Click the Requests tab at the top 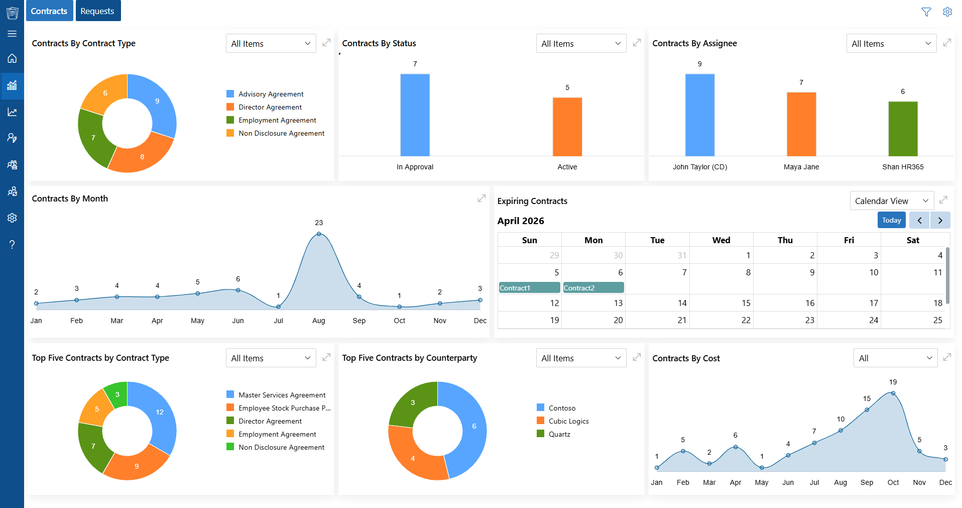[x=98, y=11]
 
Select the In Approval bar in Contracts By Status [x=415, y=115]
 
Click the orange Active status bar [x=567, y=127]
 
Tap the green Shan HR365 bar [x=903, y=129]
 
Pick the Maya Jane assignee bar [x=801, y=124]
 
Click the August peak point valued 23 [x=319, y=234]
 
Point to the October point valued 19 [x=893, y=393]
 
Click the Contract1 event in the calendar [x=529, y=287]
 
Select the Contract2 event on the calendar [x=593, y=287]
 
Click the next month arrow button [x=940, y=220]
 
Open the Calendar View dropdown [x=892, y=201]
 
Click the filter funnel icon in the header [x=926, y=12]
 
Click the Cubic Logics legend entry [x=563, y=421]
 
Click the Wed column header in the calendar [x=721, y=240]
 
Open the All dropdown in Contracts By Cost [x=895, y=358]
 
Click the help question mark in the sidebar [x=12, y=245]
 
